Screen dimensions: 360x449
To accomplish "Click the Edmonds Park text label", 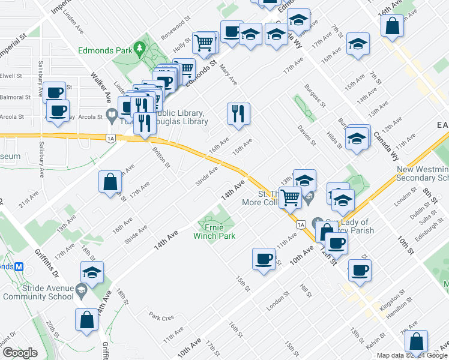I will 104,50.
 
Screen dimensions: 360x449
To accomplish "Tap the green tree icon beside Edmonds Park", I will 140,47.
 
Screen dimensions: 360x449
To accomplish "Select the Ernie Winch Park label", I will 214,232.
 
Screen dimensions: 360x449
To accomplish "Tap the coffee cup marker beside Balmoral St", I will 55,93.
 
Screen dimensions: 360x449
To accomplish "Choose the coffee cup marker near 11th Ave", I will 263,259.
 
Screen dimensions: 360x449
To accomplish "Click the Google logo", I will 20,353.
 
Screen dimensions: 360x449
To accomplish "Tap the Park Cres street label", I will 161,316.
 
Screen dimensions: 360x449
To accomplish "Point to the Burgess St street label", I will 314,96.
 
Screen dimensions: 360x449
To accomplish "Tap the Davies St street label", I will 307,136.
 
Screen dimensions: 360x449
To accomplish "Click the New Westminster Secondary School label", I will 423,174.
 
